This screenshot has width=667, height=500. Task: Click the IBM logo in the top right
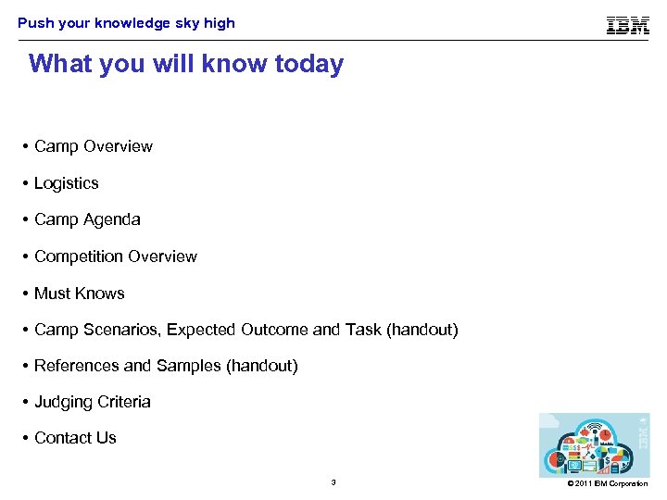pos(627,25)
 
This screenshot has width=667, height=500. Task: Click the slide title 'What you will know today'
pos(186,64)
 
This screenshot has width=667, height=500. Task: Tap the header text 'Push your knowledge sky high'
pos(126,23)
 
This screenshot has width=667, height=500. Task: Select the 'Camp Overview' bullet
pos(93,146)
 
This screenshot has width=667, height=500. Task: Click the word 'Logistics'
pos(66,183)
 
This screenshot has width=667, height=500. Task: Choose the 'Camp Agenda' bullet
pos(87,219)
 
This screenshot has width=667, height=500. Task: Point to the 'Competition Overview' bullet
pos(115,256)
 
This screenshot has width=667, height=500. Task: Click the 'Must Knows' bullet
pos(79,294)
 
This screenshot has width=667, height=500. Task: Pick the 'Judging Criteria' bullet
pos(92,402)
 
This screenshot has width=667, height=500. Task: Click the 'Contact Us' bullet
pos(75,438)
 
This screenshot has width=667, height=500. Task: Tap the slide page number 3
pos(333,482)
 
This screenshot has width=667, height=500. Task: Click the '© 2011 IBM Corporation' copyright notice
pos(608,483)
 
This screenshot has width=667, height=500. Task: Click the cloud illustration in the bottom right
pos(593,444)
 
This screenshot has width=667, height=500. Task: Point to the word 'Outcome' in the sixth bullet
pos(270,330)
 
